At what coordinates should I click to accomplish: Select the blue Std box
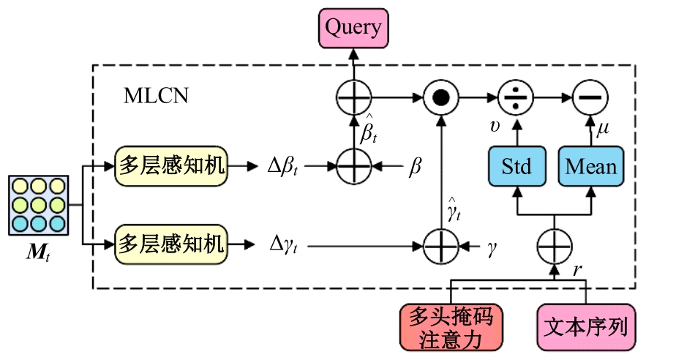(x=517, y=167)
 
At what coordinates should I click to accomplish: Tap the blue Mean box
(x=591, y=167)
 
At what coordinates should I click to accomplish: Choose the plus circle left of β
(x=354, y=167)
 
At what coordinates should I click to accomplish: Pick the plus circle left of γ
(x=440, y=244)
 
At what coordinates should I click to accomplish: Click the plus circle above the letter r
(x=554, y=244)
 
